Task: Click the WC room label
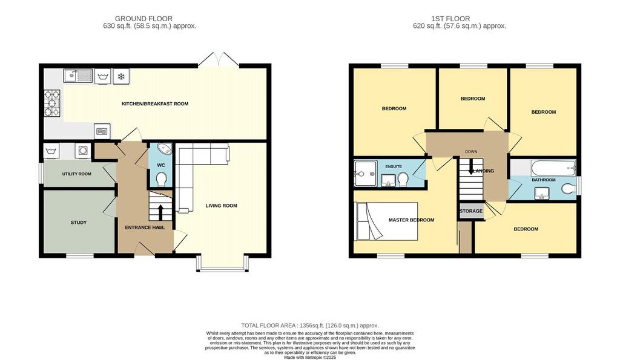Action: click(161, 165)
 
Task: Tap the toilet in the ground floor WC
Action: click(161, 179)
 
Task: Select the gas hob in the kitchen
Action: click(52, 103)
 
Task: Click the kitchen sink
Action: click(78, 76)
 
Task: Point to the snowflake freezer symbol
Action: click(121, 76)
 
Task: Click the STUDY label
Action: click(79, 223)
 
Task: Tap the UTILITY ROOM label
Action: click(77, 174)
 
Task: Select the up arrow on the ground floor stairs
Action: click(160, 211)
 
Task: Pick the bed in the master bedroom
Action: click(387, 221)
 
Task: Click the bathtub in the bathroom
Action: click(553, 168)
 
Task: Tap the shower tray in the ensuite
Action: click(366, 173)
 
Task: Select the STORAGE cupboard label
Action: click(471, 211)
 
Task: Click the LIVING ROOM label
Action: click(222, 206)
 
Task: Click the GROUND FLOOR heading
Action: click(143, 19)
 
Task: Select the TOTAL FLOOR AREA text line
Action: click(310, 326)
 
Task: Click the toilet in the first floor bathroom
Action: click(569, 188)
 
